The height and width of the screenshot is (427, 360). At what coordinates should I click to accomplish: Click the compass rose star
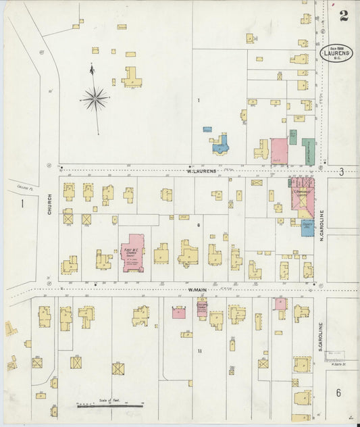click(x=95, y=99)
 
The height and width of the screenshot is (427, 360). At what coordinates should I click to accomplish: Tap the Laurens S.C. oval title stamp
click(x=336, y=53)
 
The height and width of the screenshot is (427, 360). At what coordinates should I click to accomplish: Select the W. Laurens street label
click(x=201, y=171)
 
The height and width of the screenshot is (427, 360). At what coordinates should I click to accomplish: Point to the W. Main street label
click(x=197, y=290)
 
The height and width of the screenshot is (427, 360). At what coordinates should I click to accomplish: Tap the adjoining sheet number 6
click(x=338, y=393)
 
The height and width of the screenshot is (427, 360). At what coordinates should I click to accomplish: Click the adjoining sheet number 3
click(x=341, y=172)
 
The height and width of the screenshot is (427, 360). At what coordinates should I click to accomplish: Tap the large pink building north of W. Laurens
click(x=279, y=151)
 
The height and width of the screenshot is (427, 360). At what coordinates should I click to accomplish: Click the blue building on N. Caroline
click(x=307, y=228)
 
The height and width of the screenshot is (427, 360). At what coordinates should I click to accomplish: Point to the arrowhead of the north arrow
click(x=92, y=68)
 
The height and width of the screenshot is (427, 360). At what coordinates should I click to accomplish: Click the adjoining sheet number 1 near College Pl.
click(x=22, y=203)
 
